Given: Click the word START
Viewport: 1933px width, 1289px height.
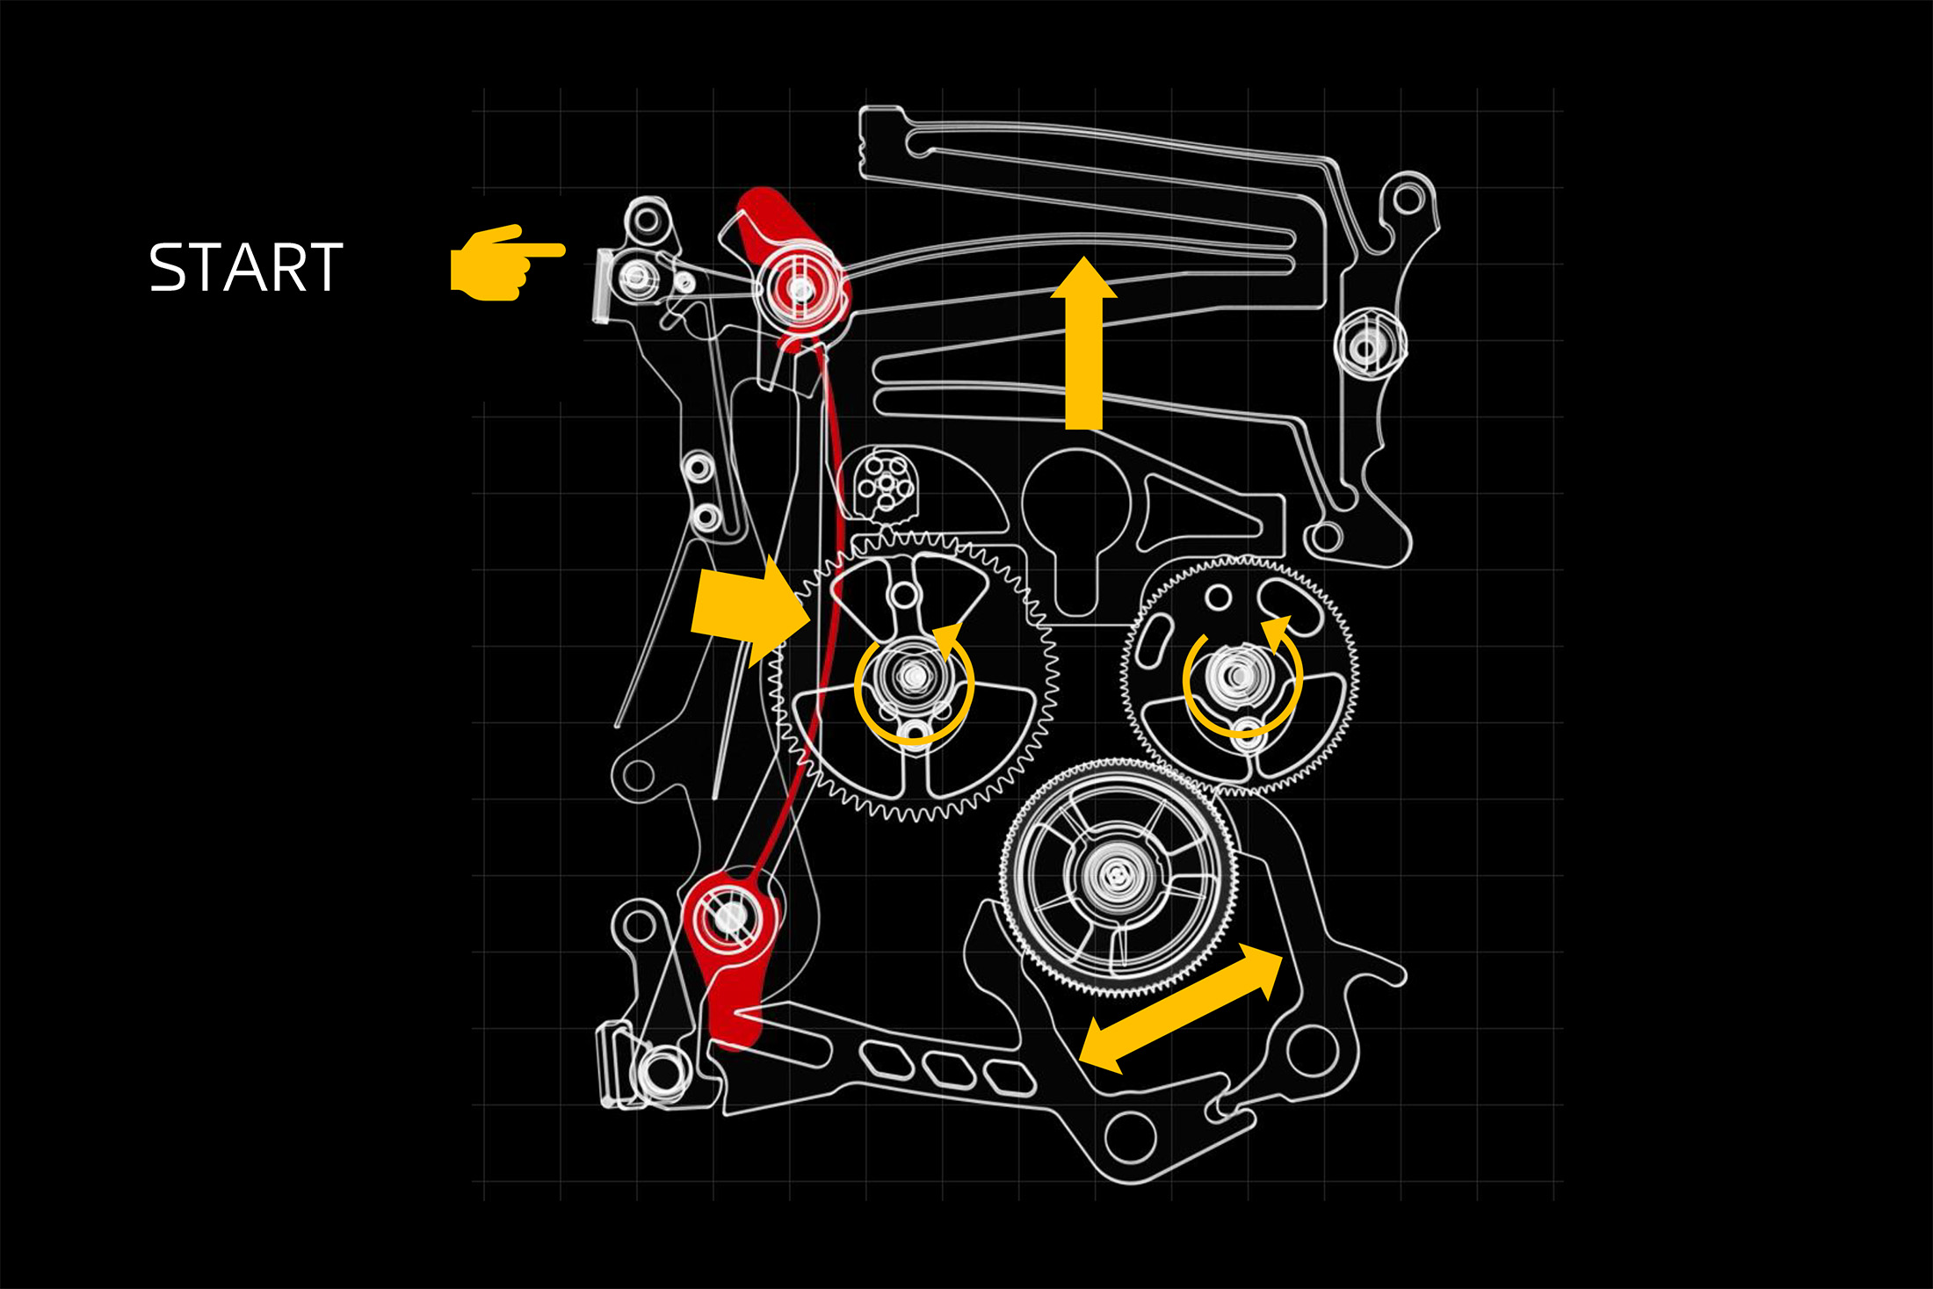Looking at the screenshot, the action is [245, 267].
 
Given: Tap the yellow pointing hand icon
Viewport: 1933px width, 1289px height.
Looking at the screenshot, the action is [505, 263].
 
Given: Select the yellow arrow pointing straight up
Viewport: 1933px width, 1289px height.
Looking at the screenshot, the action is [1083, 343].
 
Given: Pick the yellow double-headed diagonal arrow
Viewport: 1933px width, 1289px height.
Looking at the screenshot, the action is [1180, 1007].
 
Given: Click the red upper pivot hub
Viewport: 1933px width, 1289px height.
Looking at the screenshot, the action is [800, 287].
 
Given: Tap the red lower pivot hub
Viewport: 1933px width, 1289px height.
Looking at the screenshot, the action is [729, 918].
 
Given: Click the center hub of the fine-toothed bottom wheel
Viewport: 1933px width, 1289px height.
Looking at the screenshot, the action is [1116, 874].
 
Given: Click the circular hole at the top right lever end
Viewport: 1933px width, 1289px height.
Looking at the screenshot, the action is [1408, 199].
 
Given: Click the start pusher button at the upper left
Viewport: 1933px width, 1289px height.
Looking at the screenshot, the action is [603, 285].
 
